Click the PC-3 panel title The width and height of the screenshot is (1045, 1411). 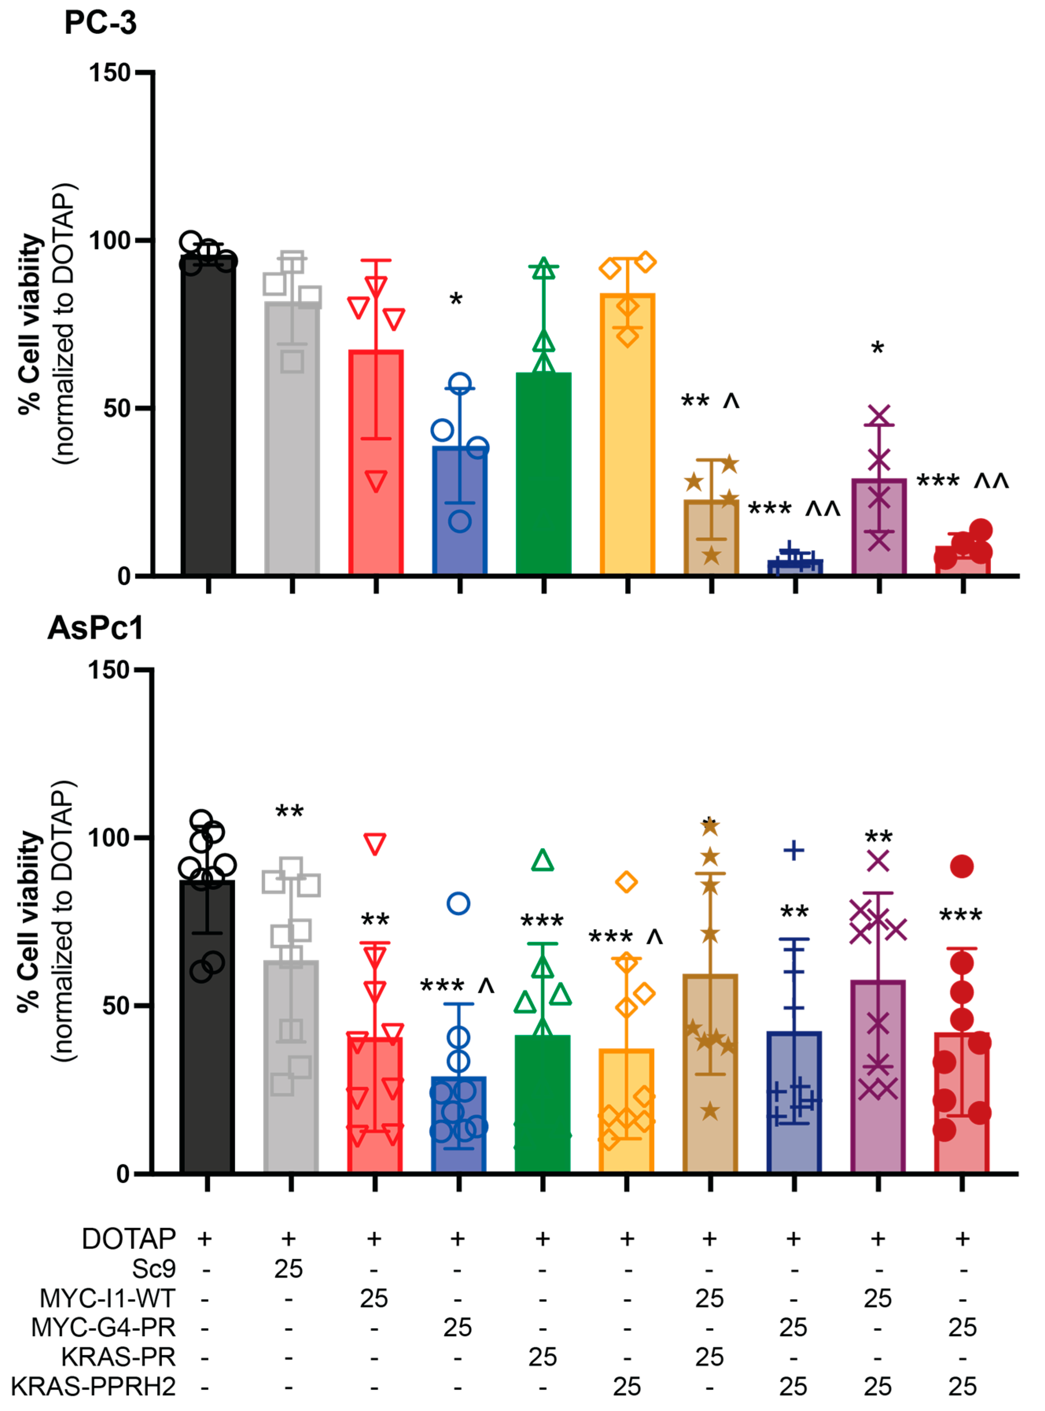pos(100,23)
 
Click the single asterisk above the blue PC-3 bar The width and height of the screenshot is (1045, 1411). pos(455,300)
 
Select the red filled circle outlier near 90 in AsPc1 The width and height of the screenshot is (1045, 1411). pos(962,866)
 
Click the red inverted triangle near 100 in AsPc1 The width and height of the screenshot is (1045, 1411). pos(375,844)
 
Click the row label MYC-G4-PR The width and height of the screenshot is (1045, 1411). pos(103,1327)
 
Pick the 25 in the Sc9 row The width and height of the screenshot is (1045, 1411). pos(289,1269)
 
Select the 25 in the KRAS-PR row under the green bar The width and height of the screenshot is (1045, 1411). pos(542,1357)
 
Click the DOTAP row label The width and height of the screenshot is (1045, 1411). pos(129,1239)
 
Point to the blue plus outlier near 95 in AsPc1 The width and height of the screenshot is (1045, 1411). pos(793,850)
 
